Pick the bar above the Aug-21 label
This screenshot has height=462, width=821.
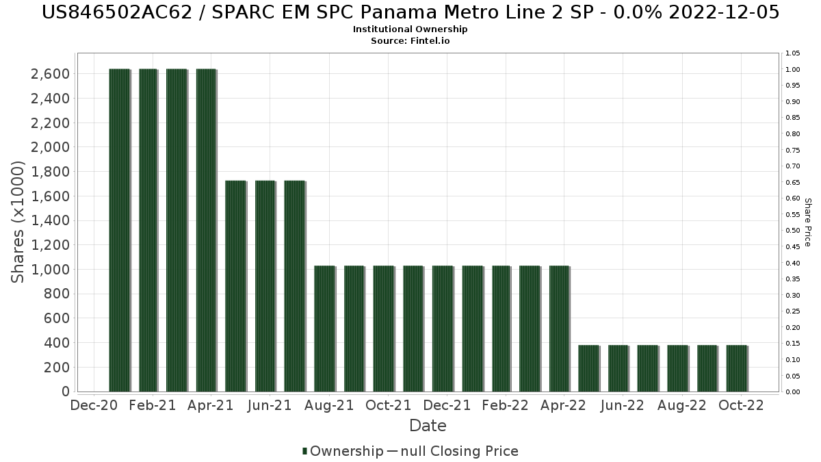324,329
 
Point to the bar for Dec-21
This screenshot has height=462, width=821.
442,329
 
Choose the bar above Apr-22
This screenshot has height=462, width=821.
559,329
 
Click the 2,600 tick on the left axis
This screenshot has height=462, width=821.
51,74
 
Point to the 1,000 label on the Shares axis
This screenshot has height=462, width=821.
51,270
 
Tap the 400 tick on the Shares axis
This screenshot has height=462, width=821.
57,343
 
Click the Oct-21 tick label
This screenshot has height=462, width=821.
389,406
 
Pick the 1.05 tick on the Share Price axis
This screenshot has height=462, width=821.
793,53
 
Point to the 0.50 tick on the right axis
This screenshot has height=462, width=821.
793,231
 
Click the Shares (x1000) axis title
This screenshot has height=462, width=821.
19,222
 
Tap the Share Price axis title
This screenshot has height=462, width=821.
808,222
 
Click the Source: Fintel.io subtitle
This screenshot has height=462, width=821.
410,40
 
